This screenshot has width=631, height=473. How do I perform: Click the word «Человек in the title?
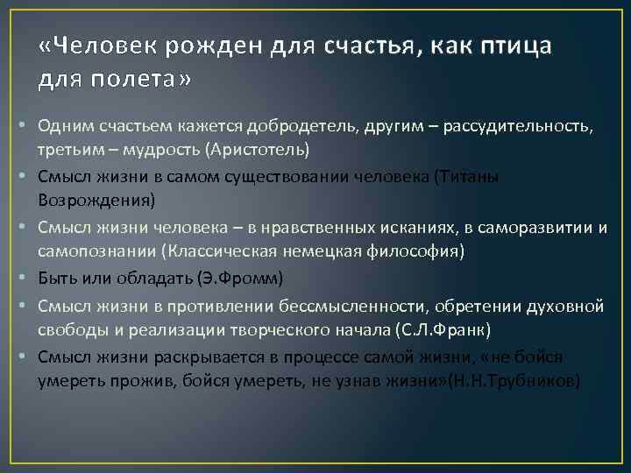(x=92, y=46)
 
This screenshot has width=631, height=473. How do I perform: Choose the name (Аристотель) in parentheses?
(x=258, y=150)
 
